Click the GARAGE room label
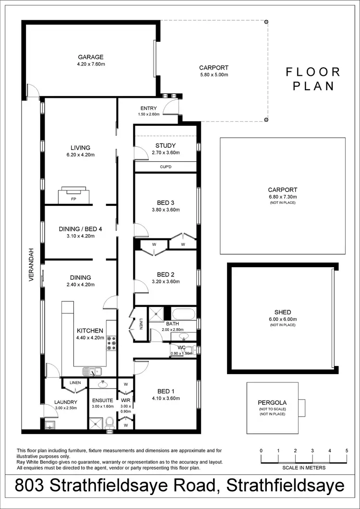tap(90, 57)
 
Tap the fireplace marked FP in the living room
tap(73, 195)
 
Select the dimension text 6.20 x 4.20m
tap(80, 155)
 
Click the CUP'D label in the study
tap(166, 167)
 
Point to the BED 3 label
tap(166, 202)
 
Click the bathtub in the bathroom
tap(183, 315)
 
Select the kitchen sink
tap(91, 371)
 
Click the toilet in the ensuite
tap(109, 422)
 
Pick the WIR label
tap(125, 400)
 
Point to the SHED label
tap(283, 312)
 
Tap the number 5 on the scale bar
tap(347, 451)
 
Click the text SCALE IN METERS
tap(304, 468)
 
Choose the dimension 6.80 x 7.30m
tap(283, 197)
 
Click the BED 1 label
tap(166, 391)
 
